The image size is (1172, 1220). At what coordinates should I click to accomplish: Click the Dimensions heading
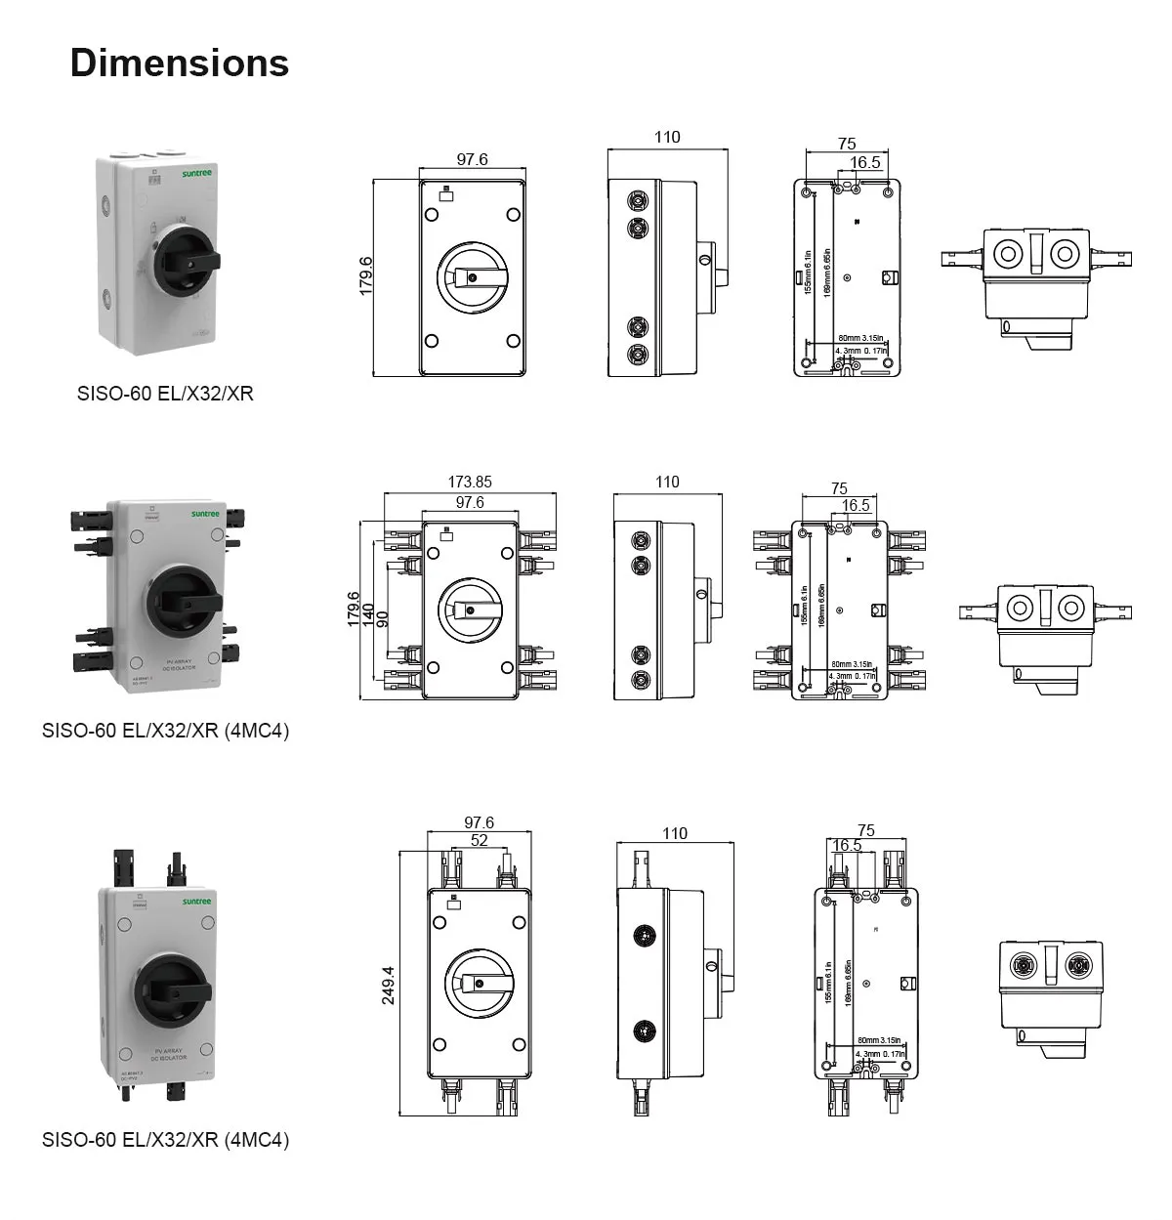[180, 63]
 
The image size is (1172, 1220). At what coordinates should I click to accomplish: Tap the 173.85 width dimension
[470, 482]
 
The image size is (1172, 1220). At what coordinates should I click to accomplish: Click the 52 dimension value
[479, 840]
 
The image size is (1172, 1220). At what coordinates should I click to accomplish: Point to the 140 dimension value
[368, 613]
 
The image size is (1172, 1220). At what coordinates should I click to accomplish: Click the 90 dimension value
[382, 618]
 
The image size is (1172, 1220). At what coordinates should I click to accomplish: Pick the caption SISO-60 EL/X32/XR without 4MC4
[165, 394]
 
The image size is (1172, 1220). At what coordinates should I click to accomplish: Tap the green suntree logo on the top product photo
[196, 172]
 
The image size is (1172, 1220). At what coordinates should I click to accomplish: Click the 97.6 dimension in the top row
[472, 159]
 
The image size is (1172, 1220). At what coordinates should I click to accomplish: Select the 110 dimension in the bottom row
[675, 833]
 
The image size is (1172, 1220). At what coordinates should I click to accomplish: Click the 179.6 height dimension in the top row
[366, 275]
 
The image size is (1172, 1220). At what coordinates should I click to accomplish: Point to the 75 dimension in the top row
[847, 144]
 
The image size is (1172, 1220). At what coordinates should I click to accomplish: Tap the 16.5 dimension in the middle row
[856, 505]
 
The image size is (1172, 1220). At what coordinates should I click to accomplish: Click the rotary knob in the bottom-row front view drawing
[479, 985]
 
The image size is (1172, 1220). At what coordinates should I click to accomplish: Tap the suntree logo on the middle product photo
[206, 513]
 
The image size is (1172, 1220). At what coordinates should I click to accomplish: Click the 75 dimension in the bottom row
[865, 830]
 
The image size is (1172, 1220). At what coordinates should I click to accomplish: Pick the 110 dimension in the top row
[667, 137]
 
